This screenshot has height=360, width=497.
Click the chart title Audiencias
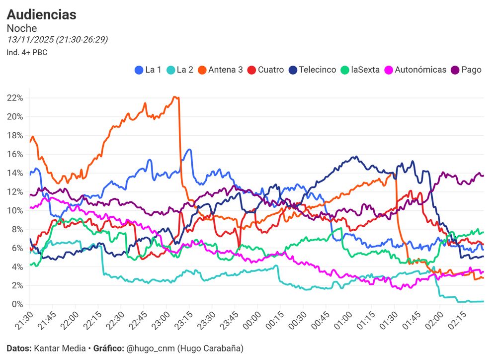click(x=42, y=15)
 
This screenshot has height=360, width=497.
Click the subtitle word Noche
click(x=22, y=28)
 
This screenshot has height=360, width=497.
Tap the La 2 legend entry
click(x=179, y=70)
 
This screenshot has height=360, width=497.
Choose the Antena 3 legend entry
click(x=220, y=70)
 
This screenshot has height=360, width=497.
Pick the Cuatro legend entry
click(x=265, y=70)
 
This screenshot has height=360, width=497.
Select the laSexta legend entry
click(x=359, y=70)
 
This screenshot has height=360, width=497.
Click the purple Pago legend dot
click(x=455, y=70)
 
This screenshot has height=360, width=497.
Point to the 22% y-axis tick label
click(x=15, y=98)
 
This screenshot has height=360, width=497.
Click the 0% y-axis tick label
click(x=17, y=304)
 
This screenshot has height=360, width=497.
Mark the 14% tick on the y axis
click(x=15, y=173)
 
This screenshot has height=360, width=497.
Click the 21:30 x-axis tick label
click(x=25, y=321)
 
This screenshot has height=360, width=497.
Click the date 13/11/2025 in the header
click(x=30, y=40)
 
